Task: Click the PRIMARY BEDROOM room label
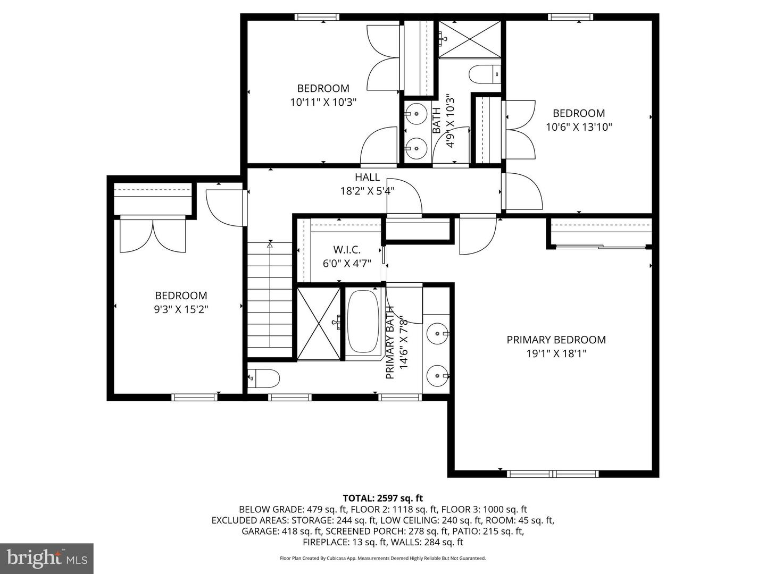point(556,340)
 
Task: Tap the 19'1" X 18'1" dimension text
point(556,354)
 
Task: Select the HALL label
point(367,178)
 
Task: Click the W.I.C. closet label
point(347,249)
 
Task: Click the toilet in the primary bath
point(264,378)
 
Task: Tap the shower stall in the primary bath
point(318,323)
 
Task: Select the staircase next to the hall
point(270,300)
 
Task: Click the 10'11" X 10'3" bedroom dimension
point(323,102)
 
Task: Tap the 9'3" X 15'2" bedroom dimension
point(181,309)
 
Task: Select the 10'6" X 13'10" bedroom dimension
point(579,127)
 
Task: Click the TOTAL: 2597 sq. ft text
point(382,498)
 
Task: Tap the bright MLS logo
point(47,558)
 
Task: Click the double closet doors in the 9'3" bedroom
point(153,235)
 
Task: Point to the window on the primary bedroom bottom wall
point(553,474)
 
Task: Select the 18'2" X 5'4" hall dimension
point(367,191)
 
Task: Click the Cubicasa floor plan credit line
point(382,558)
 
